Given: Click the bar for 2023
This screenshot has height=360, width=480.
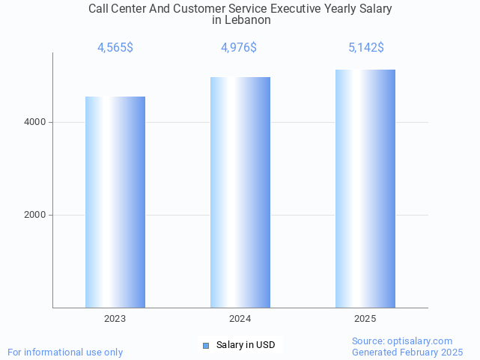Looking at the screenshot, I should [115, 202].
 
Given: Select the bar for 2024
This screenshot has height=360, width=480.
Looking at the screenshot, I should [240, 192].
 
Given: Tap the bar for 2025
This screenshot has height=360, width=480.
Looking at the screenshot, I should [365, 189].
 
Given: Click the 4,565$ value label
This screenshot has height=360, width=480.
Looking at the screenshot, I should [115, 48].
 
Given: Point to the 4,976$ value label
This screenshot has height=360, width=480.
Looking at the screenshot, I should [239, 48].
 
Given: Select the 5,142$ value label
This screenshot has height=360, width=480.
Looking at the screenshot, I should [366, 48].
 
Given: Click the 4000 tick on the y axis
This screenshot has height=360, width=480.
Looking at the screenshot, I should [35, 122].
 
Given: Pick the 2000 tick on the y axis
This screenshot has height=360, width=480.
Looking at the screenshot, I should [35, 215].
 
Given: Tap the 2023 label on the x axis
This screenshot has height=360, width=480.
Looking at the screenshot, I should [115, 319].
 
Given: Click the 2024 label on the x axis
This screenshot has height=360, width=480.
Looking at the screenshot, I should [240, 319].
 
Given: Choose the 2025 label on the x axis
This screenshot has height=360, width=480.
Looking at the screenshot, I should [365, 319].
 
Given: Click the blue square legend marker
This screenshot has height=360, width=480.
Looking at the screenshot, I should [206, 345].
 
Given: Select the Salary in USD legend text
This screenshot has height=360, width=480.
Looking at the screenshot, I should [246, 345].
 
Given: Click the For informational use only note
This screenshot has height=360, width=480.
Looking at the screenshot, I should [65, 352].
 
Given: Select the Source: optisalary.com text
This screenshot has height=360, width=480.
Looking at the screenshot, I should [402, 341].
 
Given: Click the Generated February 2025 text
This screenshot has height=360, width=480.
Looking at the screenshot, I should [407, 352].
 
